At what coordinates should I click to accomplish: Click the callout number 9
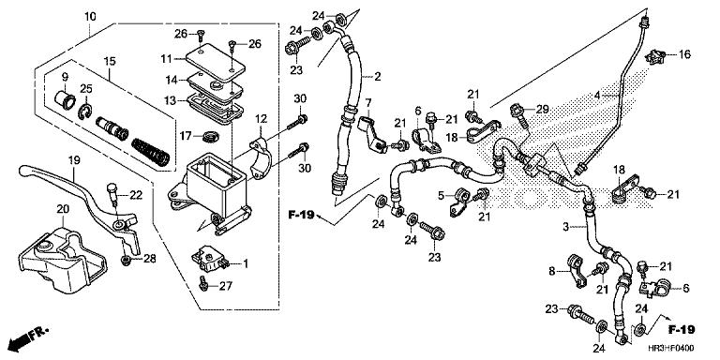65,77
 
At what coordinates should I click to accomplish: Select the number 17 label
186,136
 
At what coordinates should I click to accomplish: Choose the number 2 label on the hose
378,76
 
